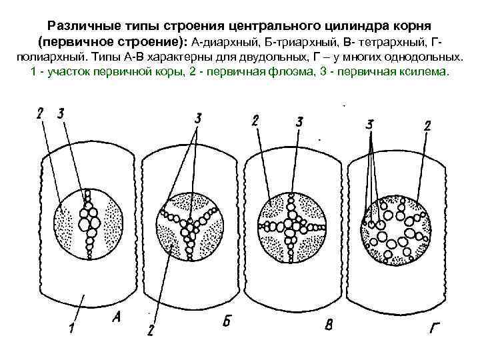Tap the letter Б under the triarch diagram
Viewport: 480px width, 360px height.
[x=227, y=322]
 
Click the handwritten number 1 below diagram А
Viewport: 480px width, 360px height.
[x=71, y=328]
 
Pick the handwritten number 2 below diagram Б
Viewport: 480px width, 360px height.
[x=151, y=331]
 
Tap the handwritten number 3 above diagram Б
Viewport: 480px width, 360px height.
[x=197, y=119]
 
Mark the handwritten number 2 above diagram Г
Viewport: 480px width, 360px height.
[x=427, y=125]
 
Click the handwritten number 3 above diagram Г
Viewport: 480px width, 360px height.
[x=369, y=124]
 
